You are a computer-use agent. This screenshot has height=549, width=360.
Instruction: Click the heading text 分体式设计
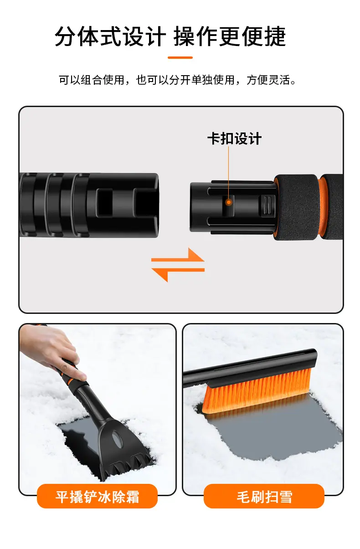tap(110, 37)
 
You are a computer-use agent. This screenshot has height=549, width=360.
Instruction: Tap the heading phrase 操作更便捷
tap(230, 37)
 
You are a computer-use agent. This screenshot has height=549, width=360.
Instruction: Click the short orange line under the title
tap(180, 57)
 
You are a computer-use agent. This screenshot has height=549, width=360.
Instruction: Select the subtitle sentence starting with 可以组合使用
tap(177, 80)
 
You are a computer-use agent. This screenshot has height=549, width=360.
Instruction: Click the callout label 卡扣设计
tap(234, 139)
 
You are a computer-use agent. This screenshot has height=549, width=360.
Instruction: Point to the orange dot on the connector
tap(229, 202)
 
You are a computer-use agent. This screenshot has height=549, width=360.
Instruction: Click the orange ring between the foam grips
tap(324, 207)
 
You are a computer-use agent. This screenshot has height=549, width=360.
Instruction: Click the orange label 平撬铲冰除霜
tap(97, 497)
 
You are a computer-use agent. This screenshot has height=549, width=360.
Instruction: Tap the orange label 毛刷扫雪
tap(264, 497)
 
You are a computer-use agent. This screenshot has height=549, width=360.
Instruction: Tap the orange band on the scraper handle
tap(71, 381)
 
